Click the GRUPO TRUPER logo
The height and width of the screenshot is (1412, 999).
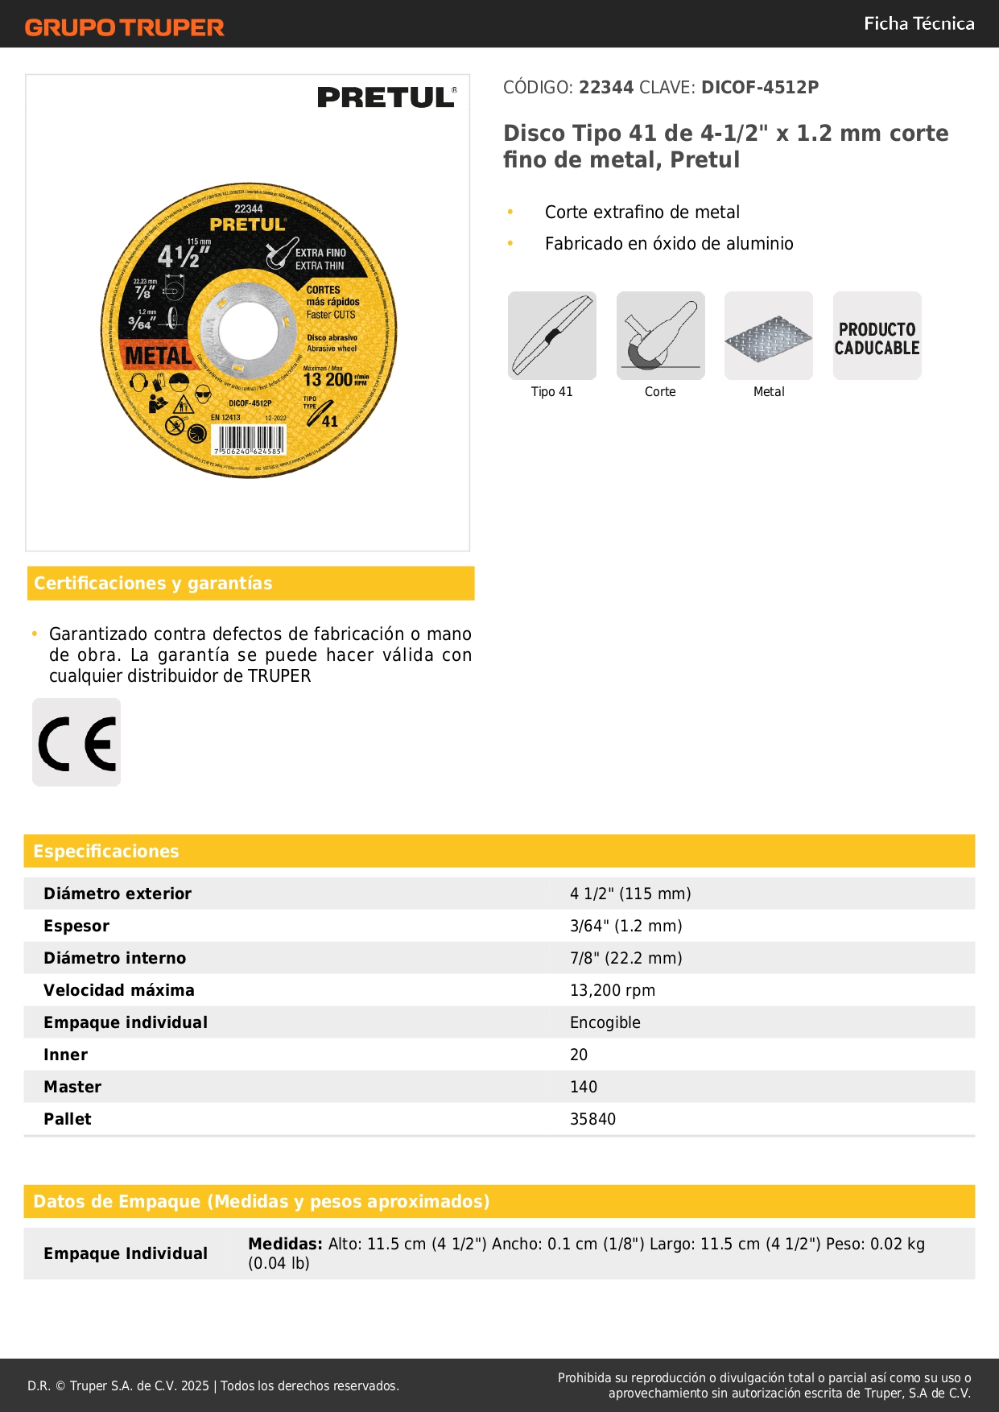124,27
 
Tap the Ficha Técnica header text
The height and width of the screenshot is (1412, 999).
919,23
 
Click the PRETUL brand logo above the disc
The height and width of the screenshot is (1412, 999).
386,97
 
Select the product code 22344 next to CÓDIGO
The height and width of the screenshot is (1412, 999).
606,88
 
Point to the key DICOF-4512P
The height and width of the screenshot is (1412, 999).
759,88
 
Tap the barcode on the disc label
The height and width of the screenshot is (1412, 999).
250,440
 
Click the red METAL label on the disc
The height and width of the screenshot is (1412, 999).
158,355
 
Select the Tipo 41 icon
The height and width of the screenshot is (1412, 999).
552,336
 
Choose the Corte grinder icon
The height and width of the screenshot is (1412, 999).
660,336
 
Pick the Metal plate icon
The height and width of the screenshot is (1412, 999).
769,336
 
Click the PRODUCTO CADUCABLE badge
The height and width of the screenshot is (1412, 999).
877,336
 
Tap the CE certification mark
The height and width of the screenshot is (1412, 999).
76,742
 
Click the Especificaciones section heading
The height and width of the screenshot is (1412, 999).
106,851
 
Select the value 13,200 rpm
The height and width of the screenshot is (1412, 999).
612,990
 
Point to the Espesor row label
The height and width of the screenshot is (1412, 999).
76,926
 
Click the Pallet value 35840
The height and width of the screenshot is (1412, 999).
592,1119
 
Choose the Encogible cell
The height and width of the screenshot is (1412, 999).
605,1022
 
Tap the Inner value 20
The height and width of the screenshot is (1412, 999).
579,1055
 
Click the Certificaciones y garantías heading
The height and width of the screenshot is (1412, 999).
153,584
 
